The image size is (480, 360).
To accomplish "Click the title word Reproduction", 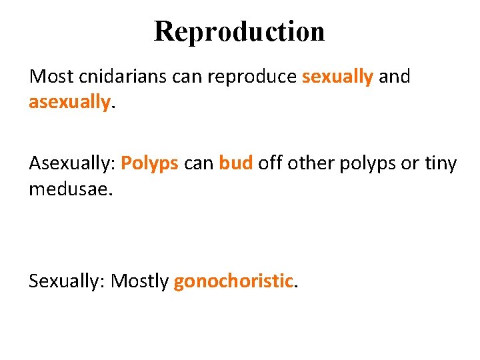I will (x=239, y=31).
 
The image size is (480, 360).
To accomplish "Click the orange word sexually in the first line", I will (x=337, y=77).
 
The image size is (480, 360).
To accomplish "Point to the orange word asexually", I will (x=69, y=102).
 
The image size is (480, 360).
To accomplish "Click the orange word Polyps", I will (x=150, y=164).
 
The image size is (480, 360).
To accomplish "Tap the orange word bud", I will (x=236, y=164).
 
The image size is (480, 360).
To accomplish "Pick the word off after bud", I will (x=271, y=164).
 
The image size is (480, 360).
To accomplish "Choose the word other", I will (x=311, y=164).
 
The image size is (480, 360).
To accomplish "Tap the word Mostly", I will (x=140, y=281).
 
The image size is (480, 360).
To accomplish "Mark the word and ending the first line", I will (x=395, y=77).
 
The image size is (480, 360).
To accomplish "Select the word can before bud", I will (x=199, y=164).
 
